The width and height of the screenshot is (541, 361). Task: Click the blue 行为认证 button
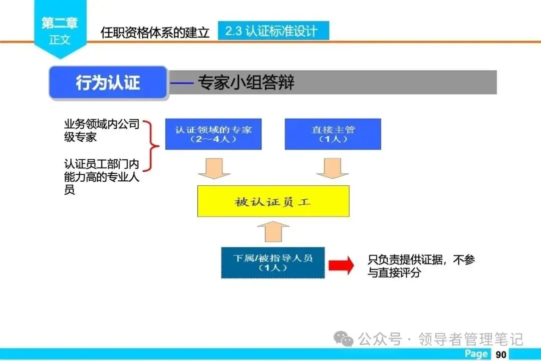(108, 83)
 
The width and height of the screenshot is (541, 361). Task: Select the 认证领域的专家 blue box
(213, 134)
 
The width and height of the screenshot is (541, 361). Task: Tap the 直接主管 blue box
(333, 134)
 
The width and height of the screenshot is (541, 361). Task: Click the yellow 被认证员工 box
(273, 202)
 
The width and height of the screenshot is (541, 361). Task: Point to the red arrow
(341, 265)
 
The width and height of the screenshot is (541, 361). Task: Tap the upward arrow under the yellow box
(273, 232)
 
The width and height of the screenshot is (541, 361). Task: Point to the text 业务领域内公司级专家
(101, 130)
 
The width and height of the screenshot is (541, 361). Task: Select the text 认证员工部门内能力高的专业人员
(101, 177)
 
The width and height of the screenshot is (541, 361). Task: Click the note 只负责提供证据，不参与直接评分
(421, 266)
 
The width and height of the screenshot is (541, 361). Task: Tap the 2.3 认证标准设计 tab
(273, 31)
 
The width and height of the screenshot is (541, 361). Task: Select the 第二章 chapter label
(60, 23)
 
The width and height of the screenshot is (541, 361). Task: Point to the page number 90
(501, 354)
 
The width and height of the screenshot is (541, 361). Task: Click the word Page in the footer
(476, 354)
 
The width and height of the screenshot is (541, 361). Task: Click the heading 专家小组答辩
(246, 83)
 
